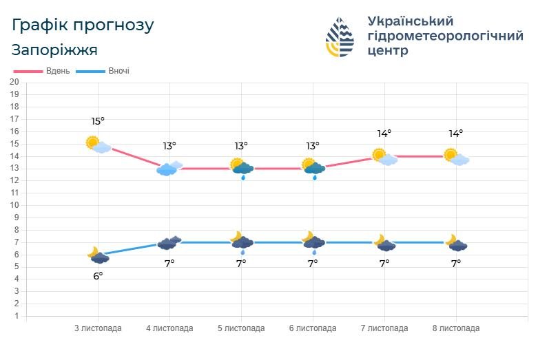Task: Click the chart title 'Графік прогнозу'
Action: [x=83, y=25]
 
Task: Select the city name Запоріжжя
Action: [x=54, y=50]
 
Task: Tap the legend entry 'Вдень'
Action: [x=57, y=71]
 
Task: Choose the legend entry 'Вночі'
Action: [x=118, y=71]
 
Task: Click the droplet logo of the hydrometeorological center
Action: [x=340, y=37]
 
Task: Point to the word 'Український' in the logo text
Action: [x=411, y=21]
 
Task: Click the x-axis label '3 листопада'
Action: [x=98, y=328]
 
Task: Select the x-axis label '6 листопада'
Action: [x=313, y=328]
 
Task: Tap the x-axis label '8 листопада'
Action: [x=456, y=328]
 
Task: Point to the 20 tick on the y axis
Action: [x=14, y=83]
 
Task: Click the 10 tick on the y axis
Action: [x=14, y=205]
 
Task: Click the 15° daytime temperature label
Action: [x=98, y=121]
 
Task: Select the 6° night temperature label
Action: [x=98, y=276]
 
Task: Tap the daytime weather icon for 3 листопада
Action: [x=98, y=144]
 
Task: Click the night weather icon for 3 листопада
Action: [x=98, y=255]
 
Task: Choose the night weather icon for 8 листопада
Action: [x=456, y=243]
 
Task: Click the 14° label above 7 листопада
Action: [x=384, y=134]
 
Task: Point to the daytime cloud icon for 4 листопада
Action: [x=169, y=168]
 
